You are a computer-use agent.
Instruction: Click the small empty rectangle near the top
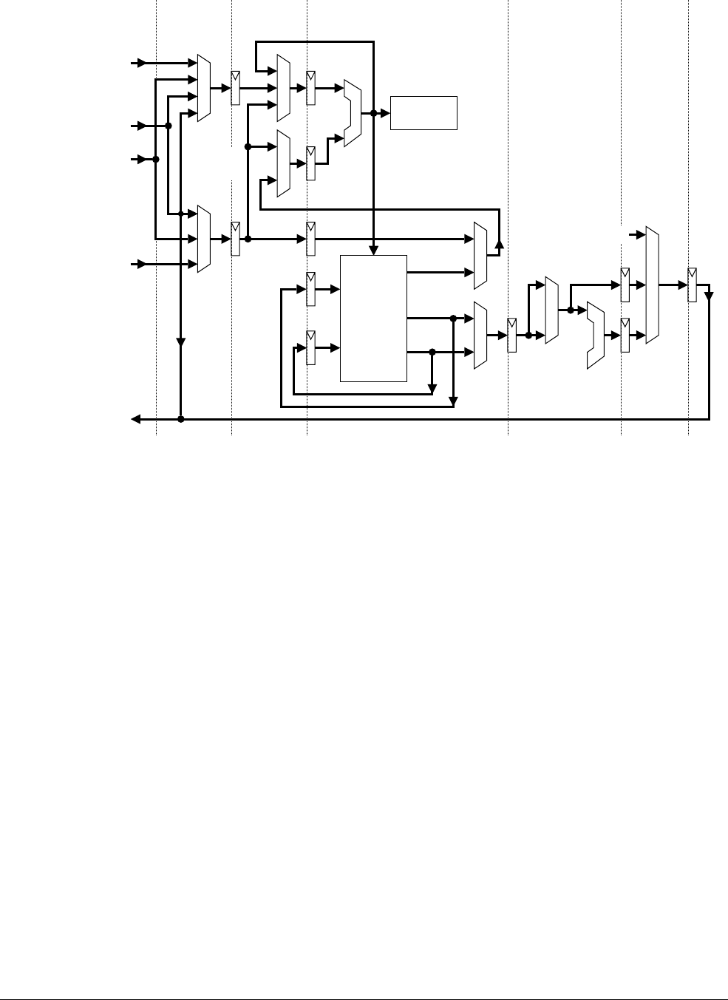[423, 113]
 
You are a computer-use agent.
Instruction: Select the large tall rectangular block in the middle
[373, 318]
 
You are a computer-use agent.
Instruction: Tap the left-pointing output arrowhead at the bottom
[136, 419]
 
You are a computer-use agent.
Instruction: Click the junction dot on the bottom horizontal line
[180, 419]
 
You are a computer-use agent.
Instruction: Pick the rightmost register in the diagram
[692, 285]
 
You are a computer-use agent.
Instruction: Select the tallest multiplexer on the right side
[652, 285]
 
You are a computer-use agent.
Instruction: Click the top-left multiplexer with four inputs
[205, 88]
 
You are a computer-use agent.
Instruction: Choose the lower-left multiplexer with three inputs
[205, 239]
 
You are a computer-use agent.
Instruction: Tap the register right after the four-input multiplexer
[235, 88]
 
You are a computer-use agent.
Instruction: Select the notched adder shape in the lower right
[595, 335]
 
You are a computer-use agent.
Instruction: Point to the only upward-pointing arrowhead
[499, 245]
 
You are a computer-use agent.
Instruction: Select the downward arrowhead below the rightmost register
[709, 297]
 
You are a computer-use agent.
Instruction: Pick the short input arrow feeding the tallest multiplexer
[639, 234]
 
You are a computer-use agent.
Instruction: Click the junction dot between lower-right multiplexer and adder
[571, 311]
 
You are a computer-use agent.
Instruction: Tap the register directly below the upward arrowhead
[511, 335]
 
